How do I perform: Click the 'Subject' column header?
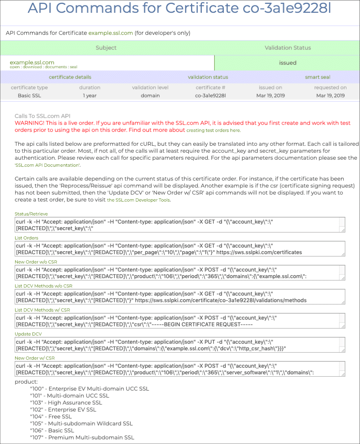click(x=106, y=48)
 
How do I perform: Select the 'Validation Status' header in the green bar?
click(x=288, y=48)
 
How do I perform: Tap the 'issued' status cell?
click(x=288, y=63)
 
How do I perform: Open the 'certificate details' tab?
click(x=70, y=77)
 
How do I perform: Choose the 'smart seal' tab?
click(x=317, y=77)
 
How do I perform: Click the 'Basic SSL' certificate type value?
click(x=29, y=96)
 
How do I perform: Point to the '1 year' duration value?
click(x=90, y=96)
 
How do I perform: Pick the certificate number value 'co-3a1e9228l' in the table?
click(x=210, y=96)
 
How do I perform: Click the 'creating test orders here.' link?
click(x=213, y=131)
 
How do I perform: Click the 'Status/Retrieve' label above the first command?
click(x=31, y=214)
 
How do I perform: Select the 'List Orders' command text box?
click(x=180, y=249)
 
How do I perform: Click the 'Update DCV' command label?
click(x=28, y=334)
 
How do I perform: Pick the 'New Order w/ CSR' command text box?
click(x=180, y=369)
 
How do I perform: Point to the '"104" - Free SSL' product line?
click(x=51, y=417)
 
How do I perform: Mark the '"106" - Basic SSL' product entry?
click(x=52, y=430)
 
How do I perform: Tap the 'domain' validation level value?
click(x=150, y=96)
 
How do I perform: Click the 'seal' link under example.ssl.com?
click(x=73, y=67)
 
